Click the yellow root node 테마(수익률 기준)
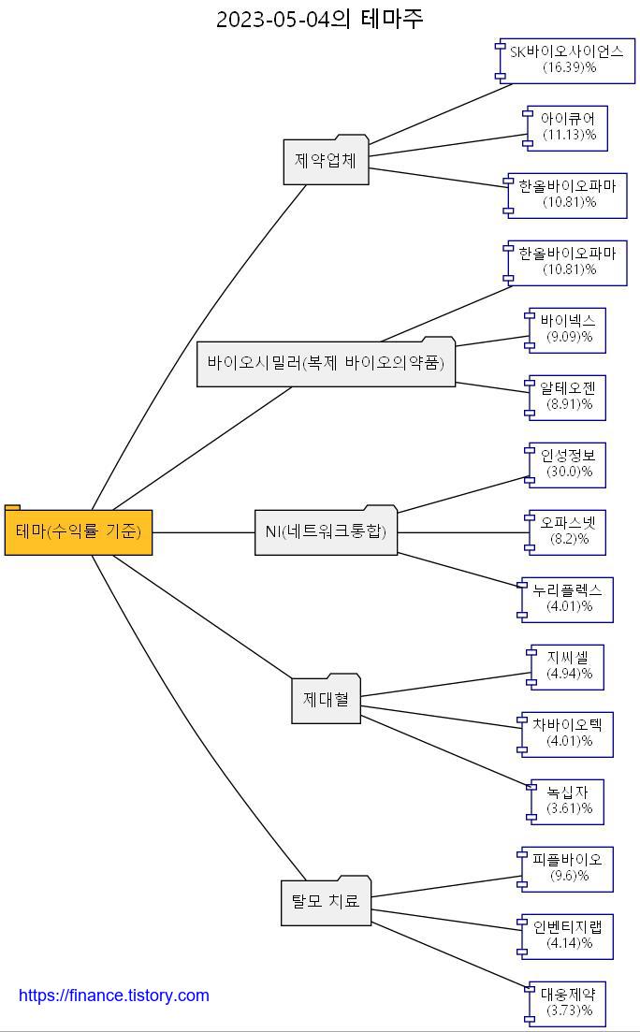click(79, 532)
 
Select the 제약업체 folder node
click(326, 162)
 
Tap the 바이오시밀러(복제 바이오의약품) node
click(326, 363)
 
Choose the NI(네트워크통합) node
click(326, 532)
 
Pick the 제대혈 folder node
click(326, 700)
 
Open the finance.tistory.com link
click(114, 996)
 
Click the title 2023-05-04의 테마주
click(320, 19)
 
